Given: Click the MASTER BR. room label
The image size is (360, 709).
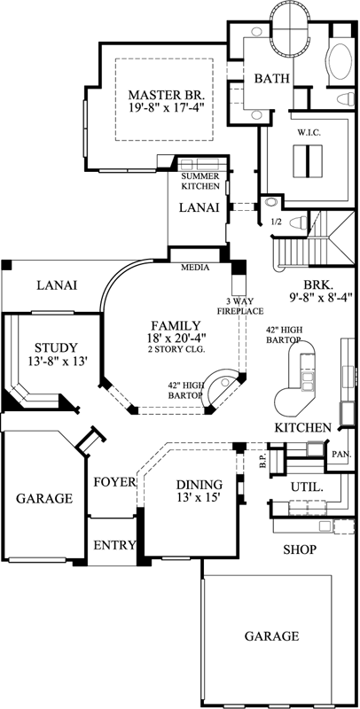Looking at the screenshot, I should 167,94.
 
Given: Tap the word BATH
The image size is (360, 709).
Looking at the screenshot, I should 272,79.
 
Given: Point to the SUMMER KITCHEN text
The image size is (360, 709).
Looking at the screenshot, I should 200,181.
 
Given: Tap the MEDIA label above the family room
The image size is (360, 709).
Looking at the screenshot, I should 194,266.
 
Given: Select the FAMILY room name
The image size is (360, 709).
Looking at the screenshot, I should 175,325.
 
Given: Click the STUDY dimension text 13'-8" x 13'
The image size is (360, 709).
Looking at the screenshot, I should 55,362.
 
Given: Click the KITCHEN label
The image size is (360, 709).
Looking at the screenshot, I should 302,428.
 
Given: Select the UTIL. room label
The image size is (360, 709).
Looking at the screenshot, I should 307,487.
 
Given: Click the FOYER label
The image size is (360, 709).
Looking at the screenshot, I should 113,482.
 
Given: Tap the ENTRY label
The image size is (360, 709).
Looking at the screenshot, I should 113,544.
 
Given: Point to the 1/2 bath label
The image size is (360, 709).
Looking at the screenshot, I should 276,222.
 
